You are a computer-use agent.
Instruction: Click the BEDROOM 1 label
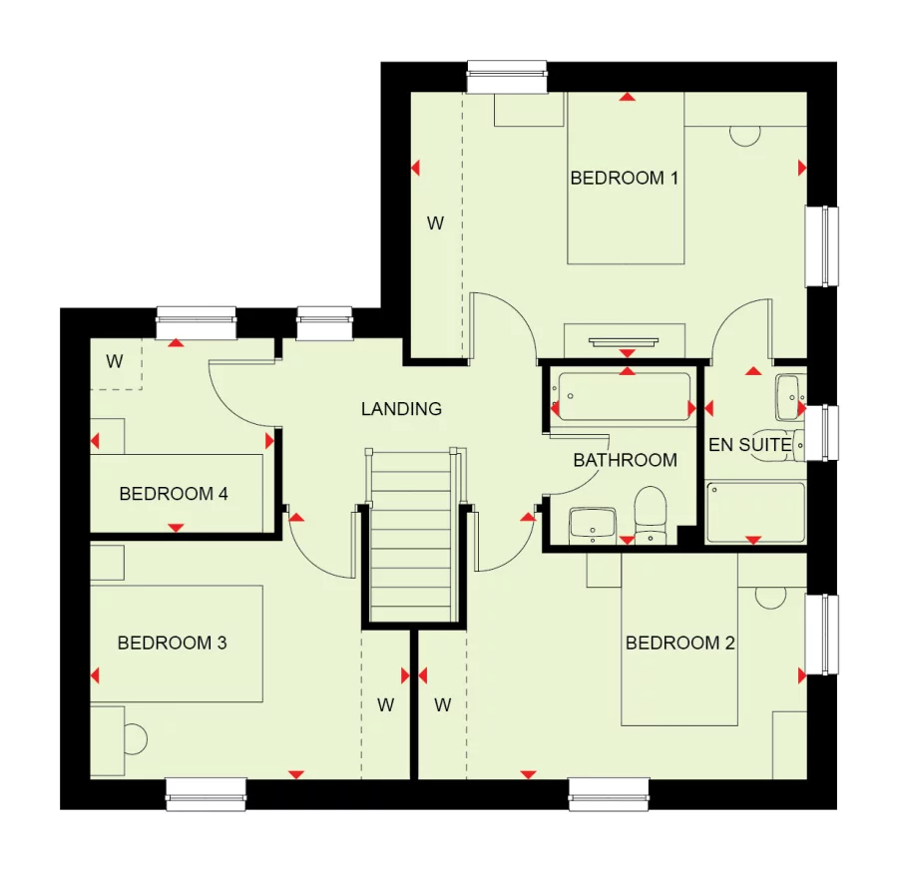tap(624, 179)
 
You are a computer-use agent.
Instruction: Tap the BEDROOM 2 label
tap(679, 644)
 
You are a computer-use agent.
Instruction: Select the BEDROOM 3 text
tap(172, 644)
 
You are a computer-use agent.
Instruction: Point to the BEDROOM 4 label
tap(166, 494)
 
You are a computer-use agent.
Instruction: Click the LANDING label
tap(401, 409)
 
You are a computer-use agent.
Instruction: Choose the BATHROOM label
tap(625, 461)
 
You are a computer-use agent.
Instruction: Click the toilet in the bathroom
tap(651, 512)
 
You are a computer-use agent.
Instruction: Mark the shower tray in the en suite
tap(755, 512)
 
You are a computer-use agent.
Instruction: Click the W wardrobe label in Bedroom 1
tap(435, 223)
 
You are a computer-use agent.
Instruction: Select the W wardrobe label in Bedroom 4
tap(115, 362)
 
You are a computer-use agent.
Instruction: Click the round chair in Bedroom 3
tap(135, 739)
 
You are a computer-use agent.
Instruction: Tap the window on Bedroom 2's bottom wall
tap(609, 794)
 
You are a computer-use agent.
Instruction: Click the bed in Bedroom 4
tap(177, 493)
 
